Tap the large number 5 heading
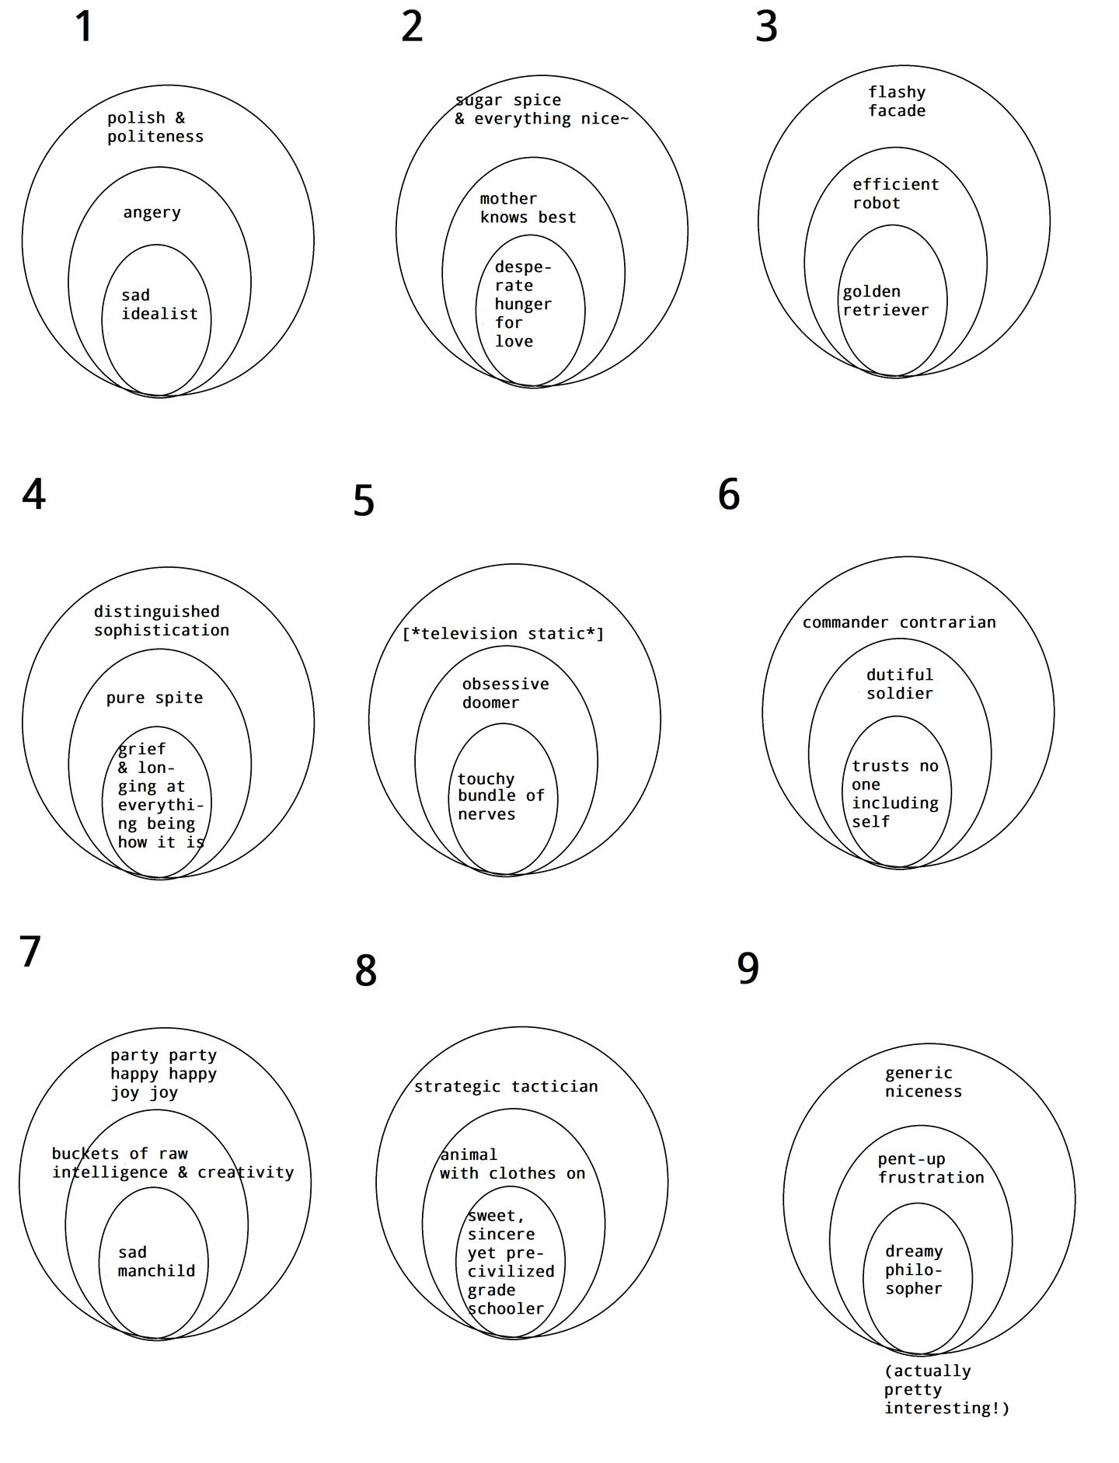click(364, 501)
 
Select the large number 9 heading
click(748, 969)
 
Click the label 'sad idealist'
click(159, 305)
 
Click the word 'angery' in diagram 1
click(152, 213)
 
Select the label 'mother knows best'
click(528, 208)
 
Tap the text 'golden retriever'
click(885, 301)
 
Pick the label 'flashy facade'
click(897, 101)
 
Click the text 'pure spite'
click(155, 698)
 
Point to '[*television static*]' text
click(503, 634)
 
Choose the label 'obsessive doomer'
click(505, 693)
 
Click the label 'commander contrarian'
click(899, 622)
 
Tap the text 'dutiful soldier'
click(900, 684)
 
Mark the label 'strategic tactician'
click(506, 1086)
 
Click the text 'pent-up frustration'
click(930, 1168)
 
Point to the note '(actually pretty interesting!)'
click(946, 1389)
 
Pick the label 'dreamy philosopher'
click(914, 1270)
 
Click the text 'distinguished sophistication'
click(162, 621)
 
